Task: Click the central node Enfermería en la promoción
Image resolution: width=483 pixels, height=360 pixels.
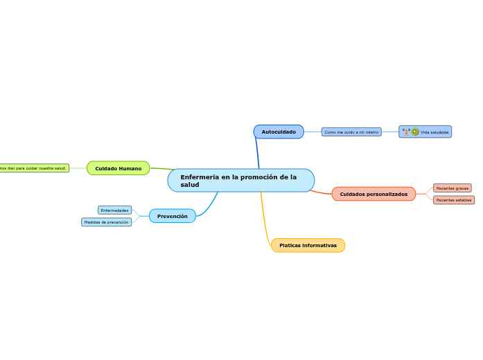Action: [x=240, y=180]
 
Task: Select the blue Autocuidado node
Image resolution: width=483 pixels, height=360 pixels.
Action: [x=279, y=132]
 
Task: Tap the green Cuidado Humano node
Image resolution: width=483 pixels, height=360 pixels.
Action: [x=118, y=168]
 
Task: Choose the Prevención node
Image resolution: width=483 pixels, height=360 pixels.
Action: [x=172, y=216]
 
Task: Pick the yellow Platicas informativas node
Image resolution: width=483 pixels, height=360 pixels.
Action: [x=308, y=245]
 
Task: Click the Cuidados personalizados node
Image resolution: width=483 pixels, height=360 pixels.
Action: [x=374, y=194]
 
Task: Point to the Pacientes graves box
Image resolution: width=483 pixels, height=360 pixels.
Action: [x=453, y=188]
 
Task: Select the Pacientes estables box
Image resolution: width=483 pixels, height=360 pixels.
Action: [x=454, y=200]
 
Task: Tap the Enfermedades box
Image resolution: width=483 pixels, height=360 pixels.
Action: [x=115, y=210]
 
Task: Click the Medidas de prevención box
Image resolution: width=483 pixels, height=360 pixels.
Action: [x=106, y=222]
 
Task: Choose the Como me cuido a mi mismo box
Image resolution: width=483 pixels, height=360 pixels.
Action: [x=351, y=132]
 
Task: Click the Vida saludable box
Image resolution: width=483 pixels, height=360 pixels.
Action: [x=425, y=132]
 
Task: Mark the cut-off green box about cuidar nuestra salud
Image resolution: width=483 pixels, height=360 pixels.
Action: [x=34, y=168]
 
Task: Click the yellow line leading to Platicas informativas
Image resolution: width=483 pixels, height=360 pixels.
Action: [x=263, y=222]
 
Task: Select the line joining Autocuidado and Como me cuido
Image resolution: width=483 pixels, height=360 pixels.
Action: [x=313, y=132]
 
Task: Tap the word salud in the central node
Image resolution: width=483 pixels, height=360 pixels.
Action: [x=189, y=185]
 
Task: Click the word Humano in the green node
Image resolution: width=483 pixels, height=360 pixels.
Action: [x=130, y=168]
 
